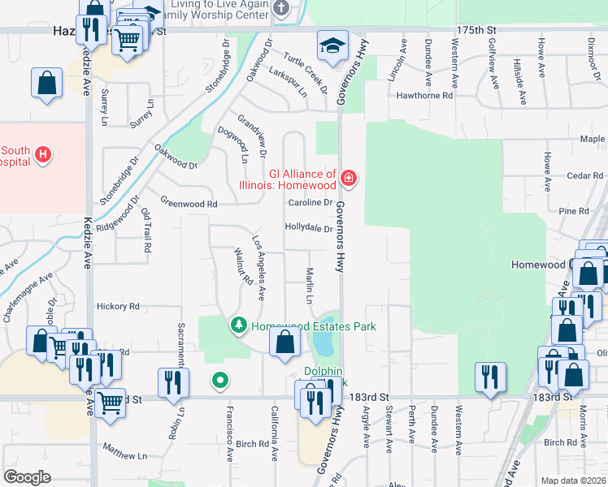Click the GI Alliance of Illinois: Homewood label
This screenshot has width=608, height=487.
(x=302, y=179)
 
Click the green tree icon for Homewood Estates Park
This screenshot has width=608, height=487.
(x=238, y=326)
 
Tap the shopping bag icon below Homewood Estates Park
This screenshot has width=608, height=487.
(x=284, y=343)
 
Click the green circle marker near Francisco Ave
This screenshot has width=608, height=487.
(x=219, y=379)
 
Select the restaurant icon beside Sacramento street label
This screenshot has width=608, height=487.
(x=173, y=384)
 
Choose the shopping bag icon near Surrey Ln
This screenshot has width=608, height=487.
(x=47, y=84)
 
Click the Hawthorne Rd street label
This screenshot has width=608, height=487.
(x=423, y=95)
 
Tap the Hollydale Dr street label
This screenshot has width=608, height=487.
(x=308, y=228)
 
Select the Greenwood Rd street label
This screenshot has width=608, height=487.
(x=189, y=203)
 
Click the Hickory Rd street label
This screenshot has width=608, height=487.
(x=118, y=307)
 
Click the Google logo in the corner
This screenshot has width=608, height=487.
(x=27, y=477)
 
